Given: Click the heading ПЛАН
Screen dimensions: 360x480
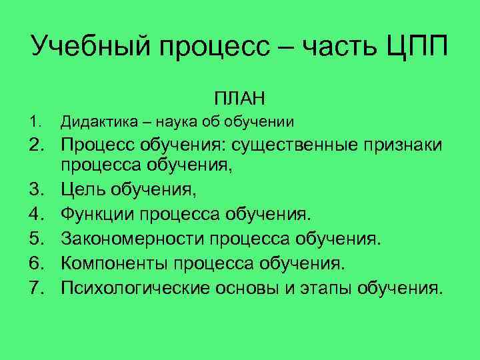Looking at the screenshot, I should (240, 99).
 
